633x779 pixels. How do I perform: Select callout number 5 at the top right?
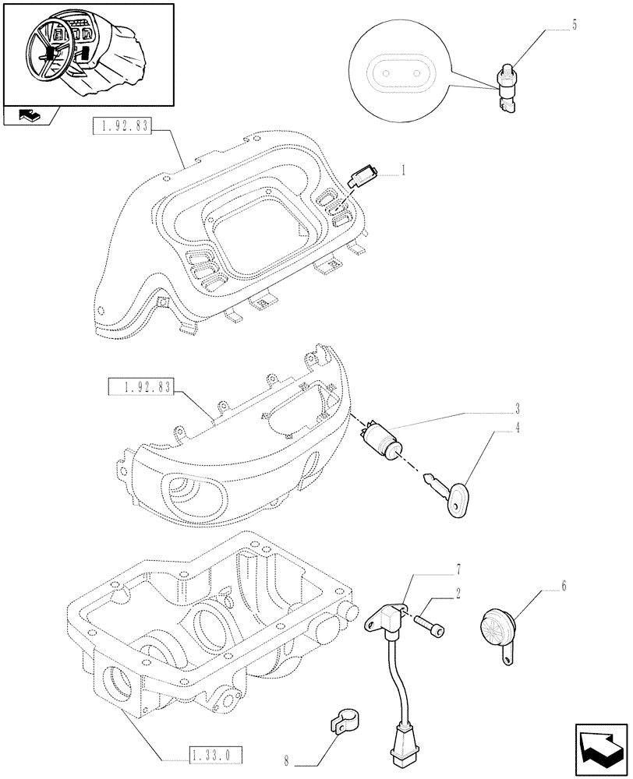[574, 25]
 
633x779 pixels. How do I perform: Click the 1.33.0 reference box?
[216, 754]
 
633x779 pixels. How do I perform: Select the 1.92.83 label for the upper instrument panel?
[122, 126]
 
